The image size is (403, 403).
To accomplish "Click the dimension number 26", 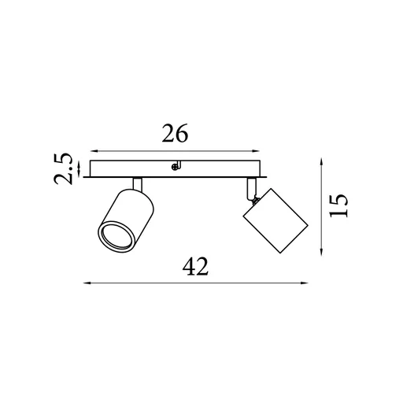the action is tap(175, 133).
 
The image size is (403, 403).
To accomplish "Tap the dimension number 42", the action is tap(195, 266).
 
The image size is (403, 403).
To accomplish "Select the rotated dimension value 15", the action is tap(338, 206).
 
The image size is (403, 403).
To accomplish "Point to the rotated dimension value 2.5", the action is tap(63, 169).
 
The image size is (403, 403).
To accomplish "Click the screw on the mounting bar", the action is tap(174, 167).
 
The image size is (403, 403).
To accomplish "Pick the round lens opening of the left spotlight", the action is tap(117, 235).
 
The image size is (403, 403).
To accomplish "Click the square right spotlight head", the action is tap(275, 220).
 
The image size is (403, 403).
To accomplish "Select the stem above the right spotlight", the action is tap(251, 188).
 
